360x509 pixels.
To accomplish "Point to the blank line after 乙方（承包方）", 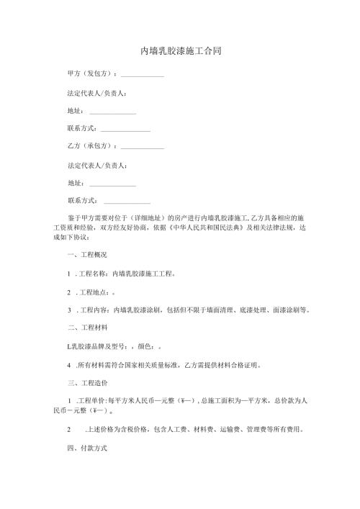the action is (x=143, y=148).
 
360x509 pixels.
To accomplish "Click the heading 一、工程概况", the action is (x=87, y=255).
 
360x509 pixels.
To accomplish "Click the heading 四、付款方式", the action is (x=87, y=448).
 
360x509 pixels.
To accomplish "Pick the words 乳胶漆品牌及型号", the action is (x=96, y=346).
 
